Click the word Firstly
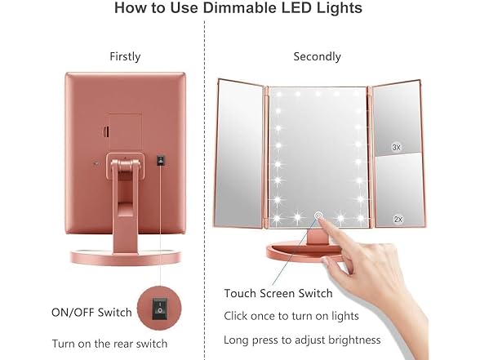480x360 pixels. click(125, 56)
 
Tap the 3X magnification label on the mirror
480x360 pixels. click(397, 147)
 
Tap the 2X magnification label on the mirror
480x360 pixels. click(398, 219)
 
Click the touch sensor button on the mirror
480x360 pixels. click(318, 217)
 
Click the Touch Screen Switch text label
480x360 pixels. click(278, 293)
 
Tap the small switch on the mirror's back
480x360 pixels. click(161, 159)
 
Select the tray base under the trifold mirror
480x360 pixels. click(318, 249)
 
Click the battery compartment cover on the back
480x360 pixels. click(125, 128)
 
